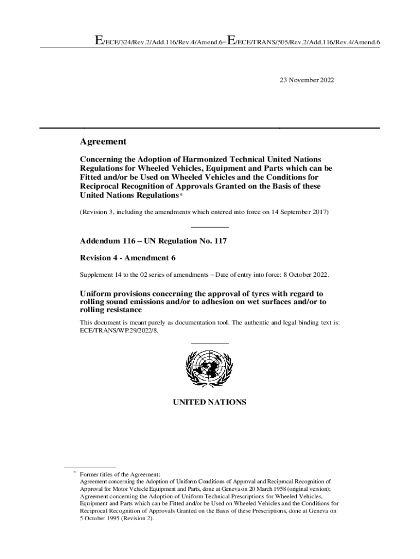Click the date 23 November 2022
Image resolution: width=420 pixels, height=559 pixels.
point(307,80)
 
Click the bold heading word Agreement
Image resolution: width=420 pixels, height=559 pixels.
point(103,142)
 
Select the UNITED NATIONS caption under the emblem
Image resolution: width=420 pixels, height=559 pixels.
point(209,402)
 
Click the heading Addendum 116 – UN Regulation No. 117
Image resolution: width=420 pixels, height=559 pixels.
point(153,241)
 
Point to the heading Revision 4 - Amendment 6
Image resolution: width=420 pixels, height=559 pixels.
point(128,257)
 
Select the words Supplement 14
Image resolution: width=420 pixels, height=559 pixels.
point(101,274)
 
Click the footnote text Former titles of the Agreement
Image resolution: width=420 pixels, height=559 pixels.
point(120,475)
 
